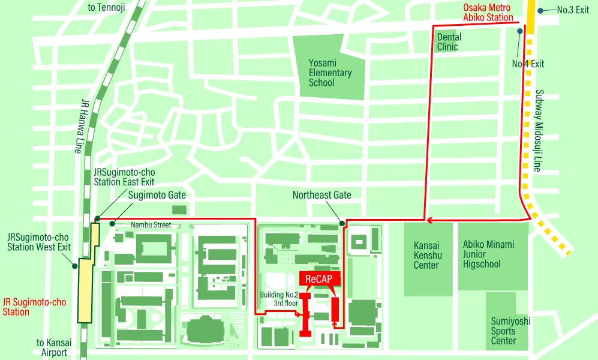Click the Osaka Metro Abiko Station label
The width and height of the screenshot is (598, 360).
point(487,13)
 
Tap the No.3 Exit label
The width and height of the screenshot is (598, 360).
point(573,10)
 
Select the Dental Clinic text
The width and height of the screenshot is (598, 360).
point(449,42)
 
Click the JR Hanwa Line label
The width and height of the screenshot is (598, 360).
point(84,126)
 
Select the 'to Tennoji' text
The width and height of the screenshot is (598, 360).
point(107,8)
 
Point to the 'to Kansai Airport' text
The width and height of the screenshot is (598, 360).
point(54,347)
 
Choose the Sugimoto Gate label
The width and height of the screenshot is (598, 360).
point(157,195)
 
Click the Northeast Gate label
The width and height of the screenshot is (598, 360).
point(321,195)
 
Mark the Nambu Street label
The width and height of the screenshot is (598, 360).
point(151,225)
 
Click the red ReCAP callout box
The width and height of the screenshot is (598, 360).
point(319,279)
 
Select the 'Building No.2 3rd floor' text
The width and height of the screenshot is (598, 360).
point(278,299)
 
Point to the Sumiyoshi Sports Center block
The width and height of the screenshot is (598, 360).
point(510,331)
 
